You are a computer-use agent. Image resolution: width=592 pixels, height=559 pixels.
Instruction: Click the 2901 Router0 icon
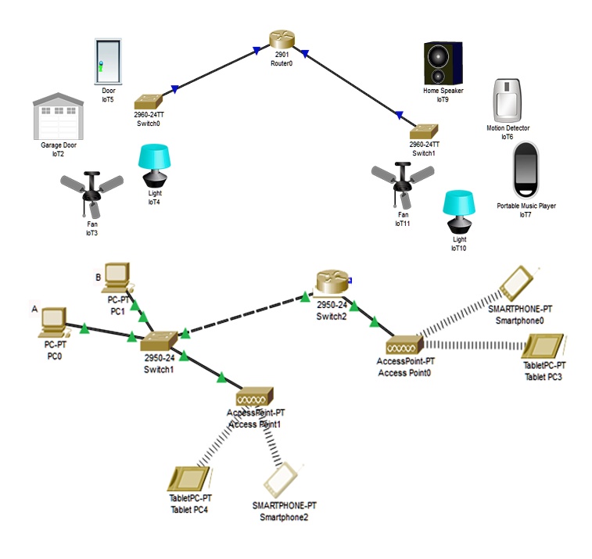click(280, 40)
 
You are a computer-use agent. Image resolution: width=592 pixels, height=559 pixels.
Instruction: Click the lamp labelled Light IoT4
click(154, 166)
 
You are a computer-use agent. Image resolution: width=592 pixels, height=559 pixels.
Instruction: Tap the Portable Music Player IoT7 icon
click(525, 171)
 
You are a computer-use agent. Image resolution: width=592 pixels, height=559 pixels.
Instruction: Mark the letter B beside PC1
click(98, 277)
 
